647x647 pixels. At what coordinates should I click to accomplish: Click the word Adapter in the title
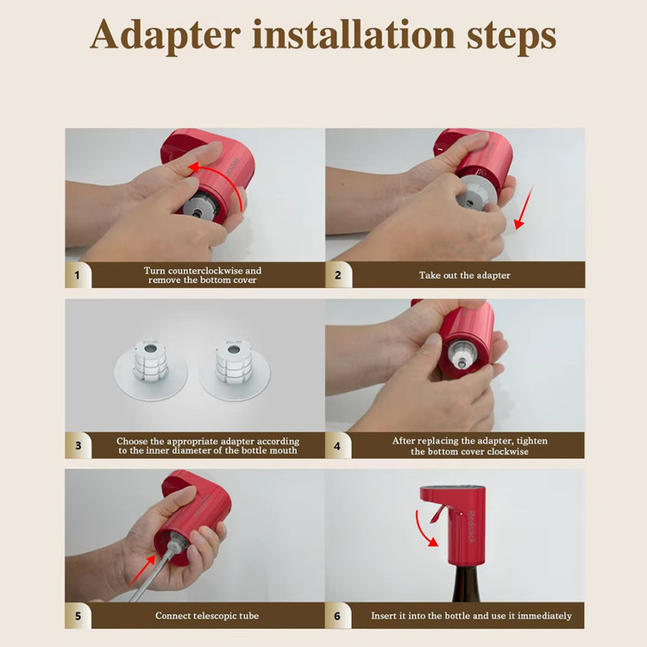coord(165,35)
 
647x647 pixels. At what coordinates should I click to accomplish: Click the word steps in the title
coord(512,37)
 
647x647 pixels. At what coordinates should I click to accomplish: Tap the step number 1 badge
coord(77,275)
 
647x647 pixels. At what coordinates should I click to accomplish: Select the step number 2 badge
coord(338,275)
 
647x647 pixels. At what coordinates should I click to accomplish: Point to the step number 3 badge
coord(78,446)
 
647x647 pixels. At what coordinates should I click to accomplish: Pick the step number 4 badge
coord(337,446)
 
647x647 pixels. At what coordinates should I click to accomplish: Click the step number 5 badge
coord(78,616)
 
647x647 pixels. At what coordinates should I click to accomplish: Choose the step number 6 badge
coord(337,616)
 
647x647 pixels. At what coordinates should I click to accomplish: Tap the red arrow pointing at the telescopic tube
coord(142,570)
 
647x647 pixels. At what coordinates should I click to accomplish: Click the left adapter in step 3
coord(151,368)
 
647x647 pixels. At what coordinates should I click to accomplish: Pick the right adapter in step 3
coord(234,368)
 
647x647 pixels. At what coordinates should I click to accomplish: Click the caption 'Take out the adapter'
coord(465,275)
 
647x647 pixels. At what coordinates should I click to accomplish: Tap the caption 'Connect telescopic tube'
coord(207,616)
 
